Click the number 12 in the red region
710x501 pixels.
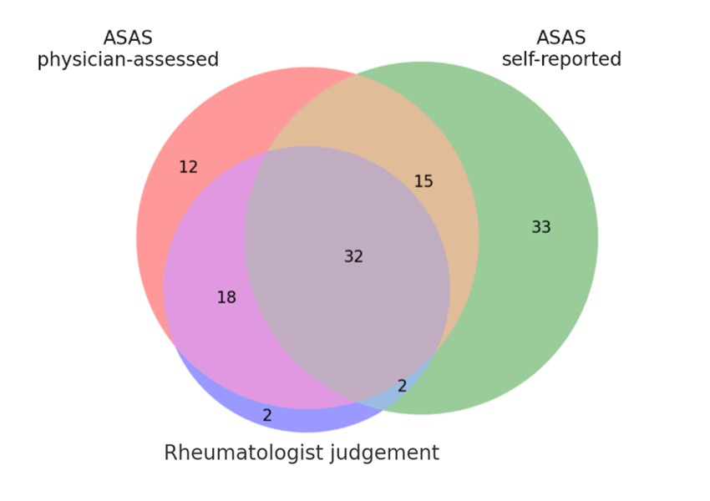click(x=188, y=167)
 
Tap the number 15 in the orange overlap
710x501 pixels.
click(x=423, y=181)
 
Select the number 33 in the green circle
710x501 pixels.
click(x=541, y=226)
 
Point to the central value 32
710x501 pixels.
click(x=353, y=256)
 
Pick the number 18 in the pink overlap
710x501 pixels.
click(x=226, y=297)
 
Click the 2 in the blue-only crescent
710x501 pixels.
click(x=267, y=415)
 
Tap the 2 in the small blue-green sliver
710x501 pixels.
click(x=402, y=386)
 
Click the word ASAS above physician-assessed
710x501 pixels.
click(x=128, y=38)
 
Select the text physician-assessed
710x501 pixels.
click(x=128, y=60)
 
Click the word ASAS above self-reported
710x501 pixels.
click(x=560, y=38)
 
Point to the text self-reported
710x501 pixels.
click(x=561, y=59)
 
